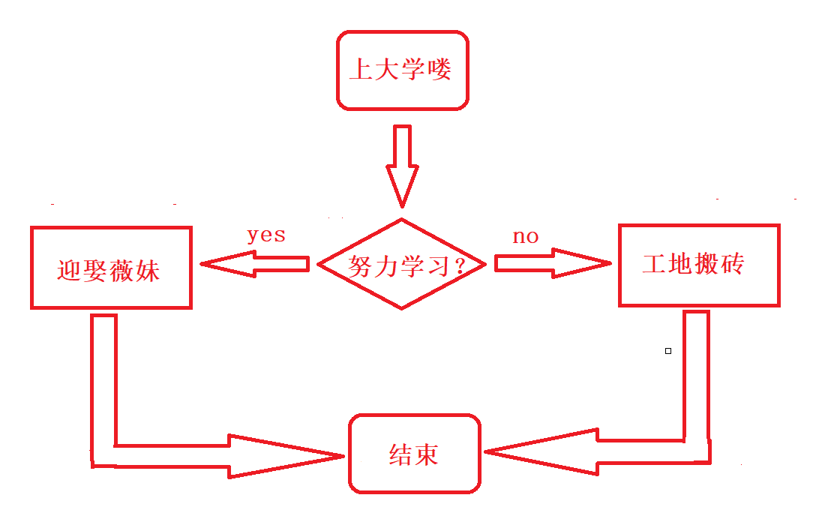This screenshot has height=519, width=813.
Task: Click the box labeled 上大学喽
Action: click(402, 70)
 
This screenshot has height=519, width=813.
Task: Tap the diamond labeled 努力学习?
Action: click(402, 264)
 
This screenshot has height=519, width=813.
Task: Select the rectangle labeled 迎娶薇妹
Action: click(111, 268)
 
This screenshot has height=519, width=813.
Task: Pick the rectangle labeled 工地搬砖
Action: click(699, 265)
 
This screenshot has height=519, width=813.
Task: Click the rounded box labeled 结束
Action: click(414, 454)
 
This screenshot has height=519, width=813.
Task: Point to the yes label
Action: click(267, 235)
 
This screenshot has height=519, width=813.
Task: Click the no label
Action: click(526, 237)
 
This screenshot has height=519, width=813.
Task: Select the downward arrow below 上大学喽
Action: click(402, 165)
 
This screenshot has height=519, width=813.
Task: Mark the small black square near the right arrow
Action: click(668, 350)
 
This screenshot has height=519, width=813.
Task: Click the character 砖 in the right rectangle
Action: click(733, 263)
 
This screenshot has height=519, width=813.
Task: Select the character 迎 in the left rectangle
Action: click(69, 269)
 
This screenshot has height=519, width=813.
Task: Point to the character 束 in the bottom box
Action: click(426, 454)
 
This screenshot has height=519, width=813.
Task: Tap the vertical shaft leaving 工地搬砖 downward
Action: click(696, 375)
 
